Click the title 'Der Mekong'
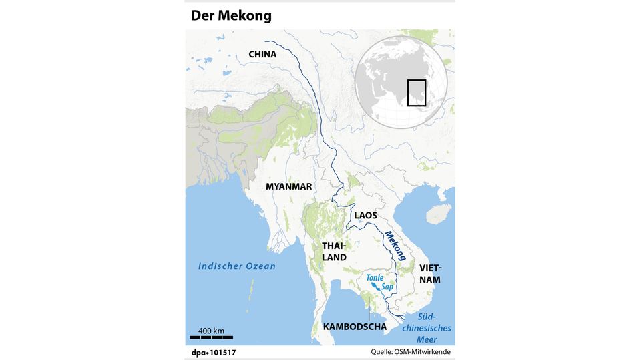coord(231,15)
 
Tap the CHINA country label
coord(262,54)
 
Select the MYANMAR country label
coord(288,186)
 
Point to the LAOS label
coord(365,215)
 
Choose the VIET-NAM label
coord(430,273)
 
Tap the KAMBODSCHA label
coord(355,327)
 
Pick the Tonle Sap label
coord(378,281)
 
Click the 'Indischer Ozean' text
coord(236,266)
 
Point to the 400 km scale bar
coord(210,337)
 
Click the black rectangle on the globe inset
coord(417,92)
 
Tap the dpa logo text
coord(199,351)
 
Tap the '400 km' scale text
coord(211,331)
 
